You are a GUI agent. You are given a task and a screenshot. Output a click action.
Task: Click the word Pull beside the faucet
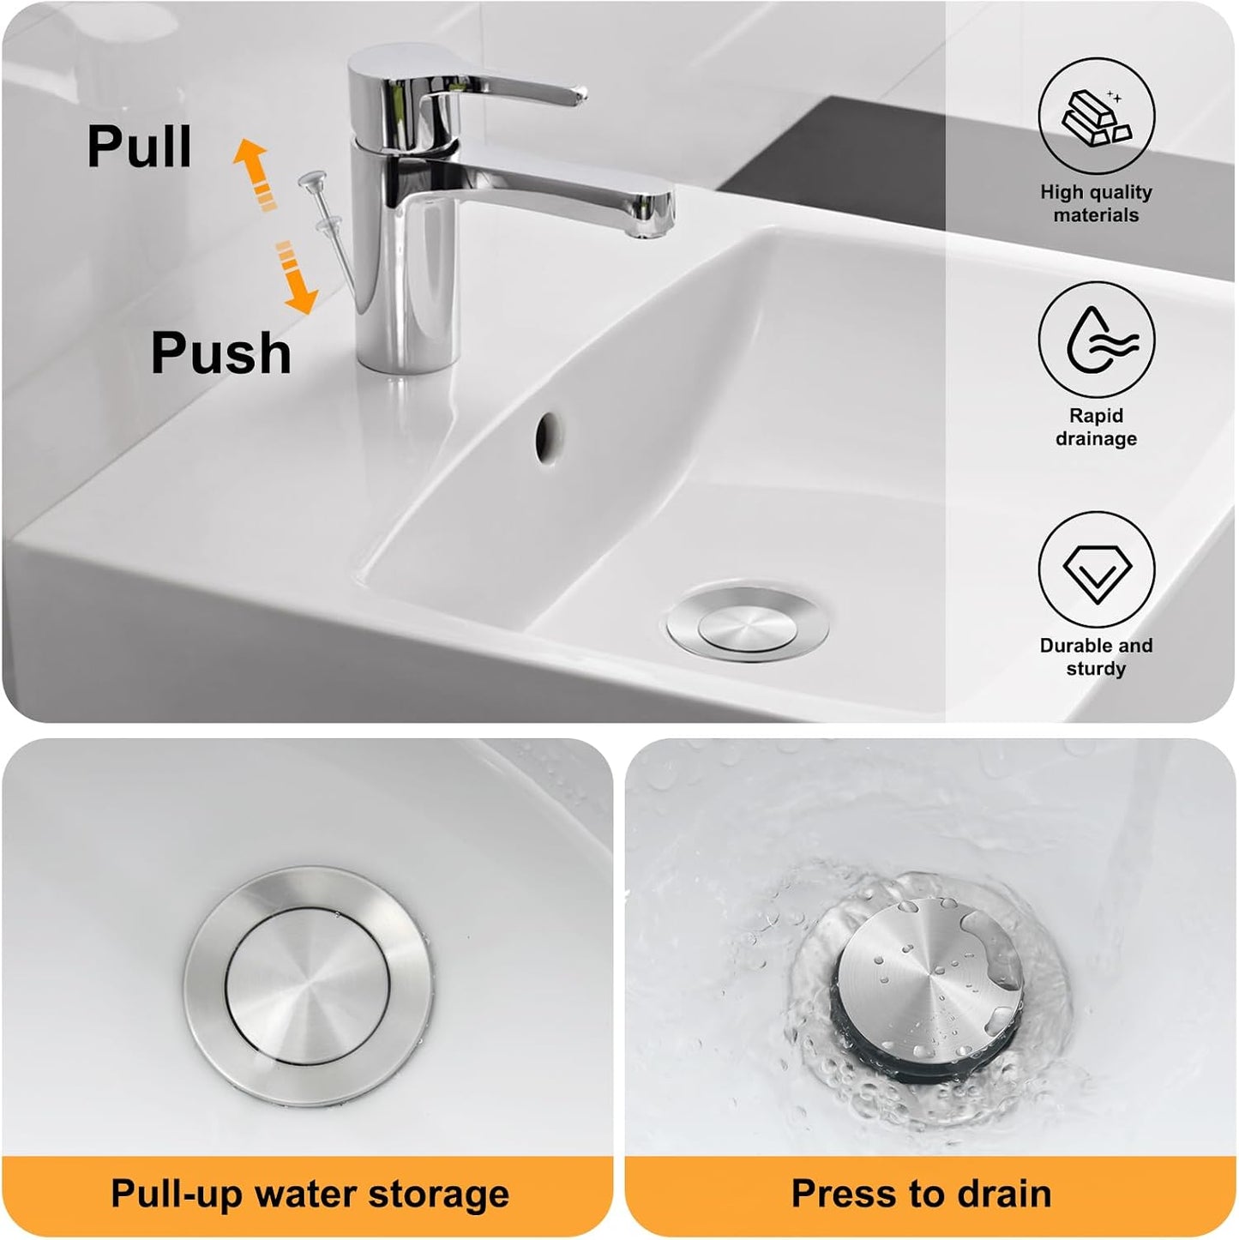click(x=139, y=147)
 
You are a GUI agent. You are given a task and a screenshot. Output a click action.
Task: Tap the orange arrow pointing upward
click(x=255, y=174)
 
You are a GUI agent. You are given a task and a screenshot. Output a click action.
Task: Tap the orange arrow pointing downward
click(x=296, y=277)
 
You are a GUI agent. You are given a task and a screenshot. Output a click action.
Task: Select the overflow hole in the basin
click(x=548, y=437)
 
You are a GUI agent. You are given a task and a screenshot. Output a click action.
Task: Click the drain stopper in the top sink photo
click(x=748, y=623)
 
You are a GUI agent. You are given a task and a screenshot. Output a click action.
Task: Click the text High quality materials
click(x=1096, y=203)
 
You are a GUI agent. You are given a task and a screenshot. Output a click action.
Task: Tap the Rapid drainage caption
click(x=1096, y=427)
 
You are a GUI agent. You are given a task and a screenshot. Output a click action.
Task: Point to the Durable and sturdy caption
click(x=1096, y=657)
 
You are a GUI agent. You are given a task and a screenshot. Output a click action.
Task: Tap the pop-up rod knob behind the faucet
click(x=313, y=179)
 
